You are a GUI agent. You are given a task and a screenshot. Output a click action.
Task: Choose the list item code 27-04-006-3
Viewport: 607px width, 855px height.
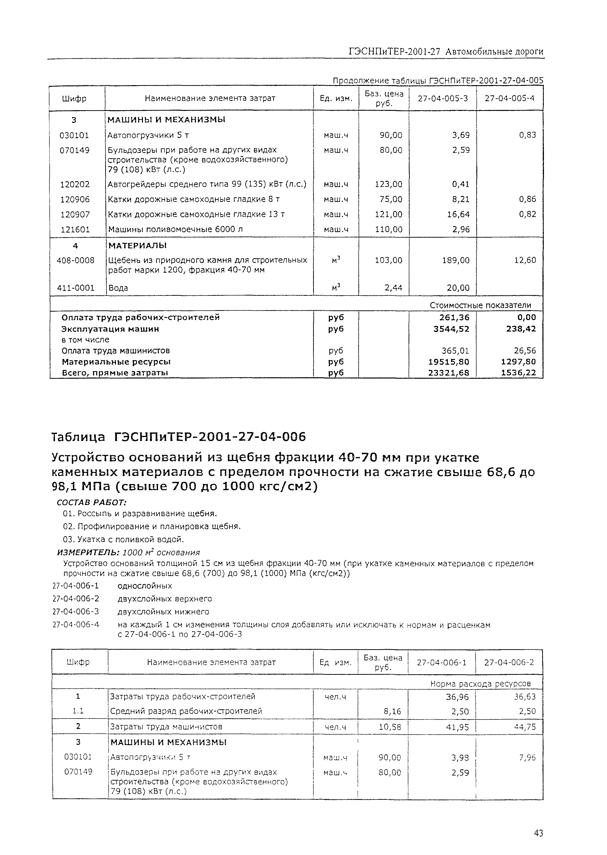coord(76,612)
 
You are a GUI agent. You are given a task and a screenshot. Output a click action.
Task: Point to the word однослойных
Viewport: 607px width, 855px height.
coord(145,585)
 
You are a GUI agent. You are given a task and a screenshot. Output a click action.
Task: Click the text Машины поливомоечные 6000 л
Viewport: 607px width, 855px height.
coord(175,229)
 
